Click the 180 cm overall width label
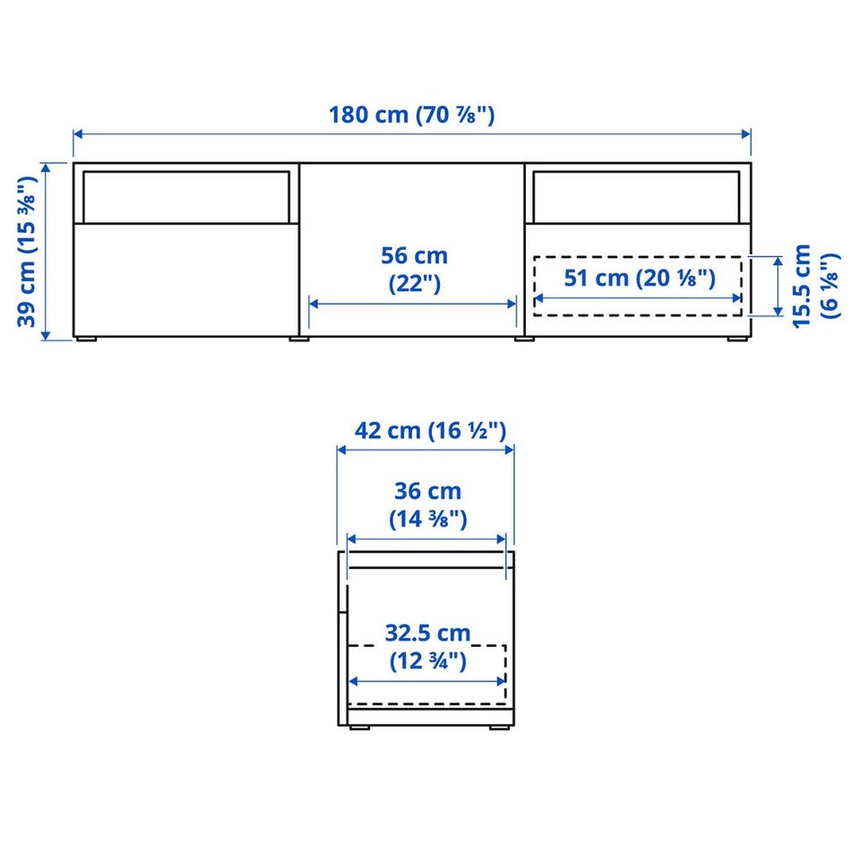[411, 116]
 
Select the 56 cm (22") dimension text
[414, 270]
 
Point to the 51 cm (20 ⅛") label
[640, 278]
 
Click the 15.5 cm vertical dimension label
[816, 287]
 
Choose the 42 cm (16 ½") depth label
[430, 431]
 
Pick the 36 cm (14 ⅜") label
[428, 505]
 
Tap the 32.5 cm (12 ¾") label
[428, 647]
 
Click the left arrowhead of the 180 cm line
[78, 134]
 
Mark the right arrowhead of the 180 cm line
[746, 134]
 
